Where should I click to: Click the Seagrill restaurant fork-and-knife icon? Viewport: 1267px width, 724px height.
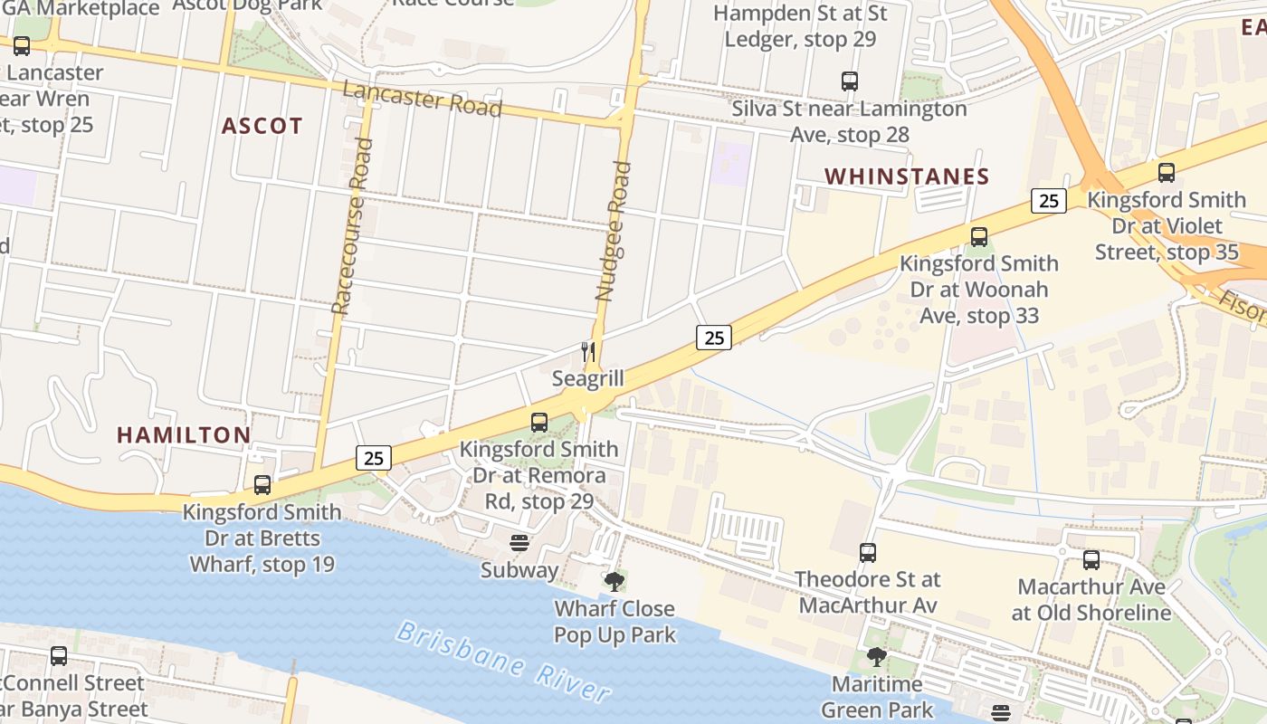coord(588,351)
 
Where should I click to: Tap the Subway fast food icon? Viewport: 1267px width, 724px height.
coord(519,543)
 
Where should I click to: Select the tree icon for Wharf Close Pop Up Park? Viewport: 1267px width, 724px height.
coord(614,581)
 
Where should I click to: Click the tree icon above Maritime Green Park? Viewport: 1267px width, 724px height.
coord(876,657)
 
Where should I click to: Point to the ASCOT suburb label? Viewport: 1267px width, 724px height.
coord(262,126)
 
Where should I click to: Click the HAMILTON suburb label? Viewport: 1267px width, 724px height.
coord(184,435)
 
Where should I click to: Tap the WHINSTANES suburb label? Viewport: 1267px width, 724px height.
coord(907,176)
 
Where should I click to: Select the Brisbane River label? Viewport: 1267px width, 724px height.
coord(503,662)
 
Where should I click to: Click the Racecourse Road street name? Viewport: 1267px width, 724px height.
coord(351,226)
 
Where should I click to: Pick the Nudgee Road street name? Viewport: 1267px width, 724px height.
coord(613,231)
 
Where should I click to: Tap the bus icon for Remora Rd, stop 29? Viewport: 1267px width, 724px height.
coord(539,422)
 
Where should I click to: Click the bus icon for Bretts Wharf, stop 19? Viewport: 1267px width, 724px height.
coord(262,485)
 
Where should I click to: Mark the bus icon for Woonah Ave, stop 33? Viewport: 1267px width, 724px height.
coord(978,237)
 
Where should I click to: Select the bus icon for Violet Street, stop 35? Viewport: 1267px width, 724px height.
coord(1167,173)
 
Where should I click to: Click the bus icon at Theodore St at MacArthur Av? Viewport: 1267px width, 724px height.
coord(868,552)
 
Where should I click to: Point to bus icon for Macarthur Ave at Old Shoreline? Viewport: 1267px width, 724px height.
coord(1091,560)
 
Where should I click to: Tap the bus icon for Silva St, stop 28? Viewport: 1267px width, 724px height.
coord(850,81)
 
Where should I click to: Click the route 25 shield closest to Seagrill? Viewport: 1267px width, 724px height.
coord(714,338)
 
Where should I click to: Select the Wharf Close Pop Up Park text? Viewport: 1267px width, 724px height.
coord(614,622)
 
